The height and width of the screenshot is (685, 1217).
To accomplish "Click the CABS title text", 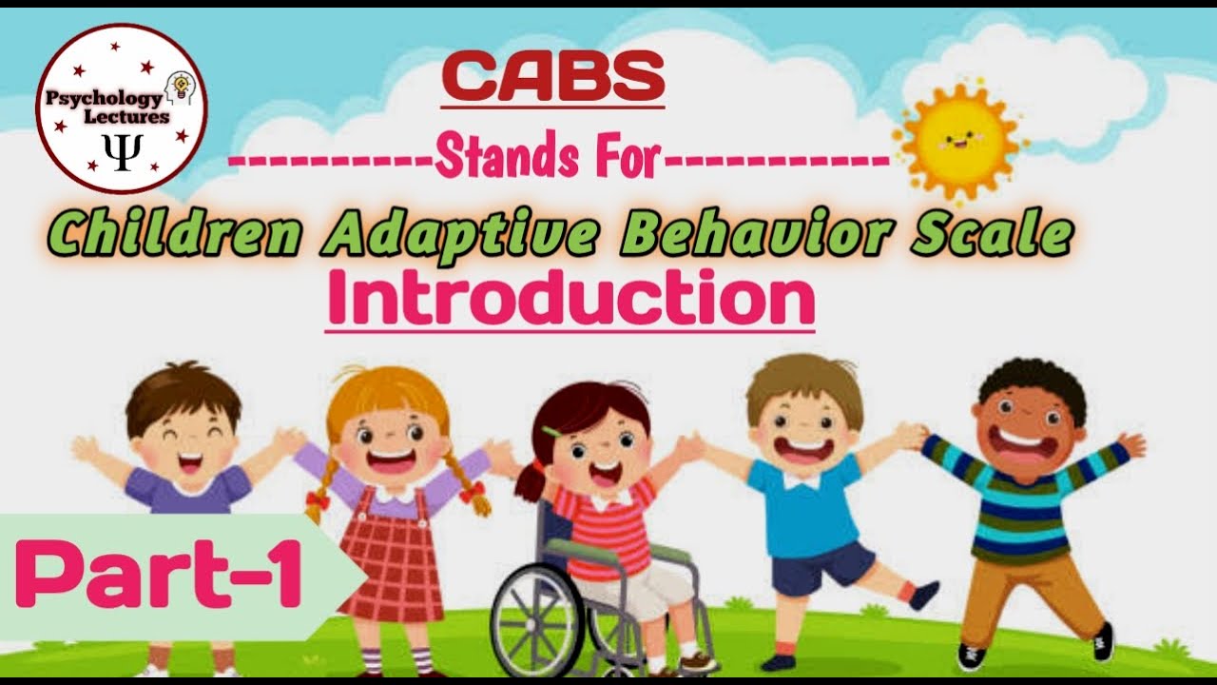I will coord(553,76).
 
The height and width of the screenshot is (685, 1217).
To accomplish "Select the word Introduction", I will coord(570,298).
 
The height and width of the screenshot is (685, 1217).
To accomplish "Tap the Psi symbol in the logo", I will coord(122,153).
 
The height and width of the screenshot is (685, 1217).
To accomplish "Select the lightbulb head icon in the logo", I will coord(176,88).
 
